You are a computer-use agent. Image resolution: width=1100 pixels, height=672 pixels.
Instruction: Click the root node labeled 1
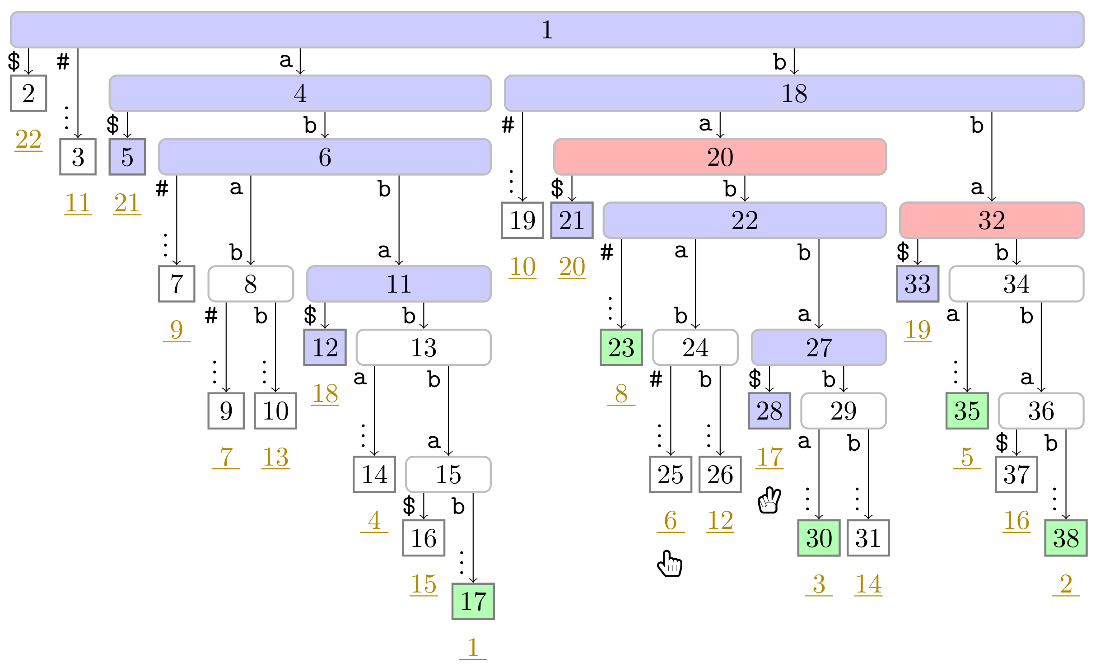[x=546, y=30]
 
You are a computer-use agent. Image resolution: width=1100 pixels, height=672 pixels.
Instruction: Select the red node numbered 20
[x=720, y=157]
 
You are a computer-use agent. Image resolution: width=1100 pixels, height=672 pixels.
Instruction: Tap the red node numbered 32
[x=991, y=220]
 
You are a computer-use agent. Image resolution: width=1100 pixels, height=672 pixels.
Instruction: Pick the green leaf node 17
[x=473, y=602]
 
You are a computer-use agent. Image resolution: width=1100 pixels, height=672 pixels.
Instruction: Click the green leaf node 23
[x=621, y=347]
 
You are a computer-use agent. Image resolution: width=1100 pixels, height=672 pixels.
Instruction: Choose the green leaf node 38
[x=1065, y=538]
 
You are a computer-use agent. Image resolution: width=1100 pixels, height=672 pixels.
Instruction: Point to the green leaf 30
[x=818, y=538]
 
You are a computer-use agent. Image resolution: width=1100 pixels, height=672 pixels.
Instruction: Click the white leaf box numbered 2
[x=28, y=93]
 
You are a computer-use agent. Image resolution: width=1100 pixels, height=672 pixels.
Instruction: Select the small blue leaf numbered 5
[x=127, y=157]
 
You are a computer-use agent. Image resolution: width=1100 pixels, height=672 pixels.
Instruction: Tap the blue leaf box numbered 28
[x=769, y=411]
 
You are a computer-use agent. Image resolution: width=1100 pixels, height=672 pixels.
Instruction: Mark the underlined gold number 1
[x=473, y=648]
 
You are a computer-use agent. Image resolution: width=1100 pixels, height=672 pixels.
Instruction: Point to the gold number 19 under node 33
[x=917, y=330]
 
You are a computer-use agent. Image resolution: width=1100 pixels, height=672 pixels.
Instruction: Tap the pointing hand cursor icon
[x=670, y=564]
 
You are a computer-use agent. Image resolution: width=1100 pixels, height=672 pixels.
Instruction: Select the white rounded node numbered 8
[x=251, y=284]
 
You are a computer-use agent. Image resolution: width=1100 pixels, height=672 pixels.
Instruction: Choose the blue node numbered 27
[x=818, y=347]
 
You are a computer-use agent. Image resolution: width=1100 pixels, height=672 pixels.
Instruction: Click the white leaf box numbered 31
[x=867, y=538]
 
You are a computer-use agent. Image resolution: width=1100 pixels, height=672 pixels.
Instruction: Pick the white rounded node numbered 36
[x=1040, y=411]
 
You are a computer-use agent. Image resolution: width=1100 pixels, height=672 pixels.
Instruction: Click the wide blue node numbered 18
[x=794, y=93]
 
